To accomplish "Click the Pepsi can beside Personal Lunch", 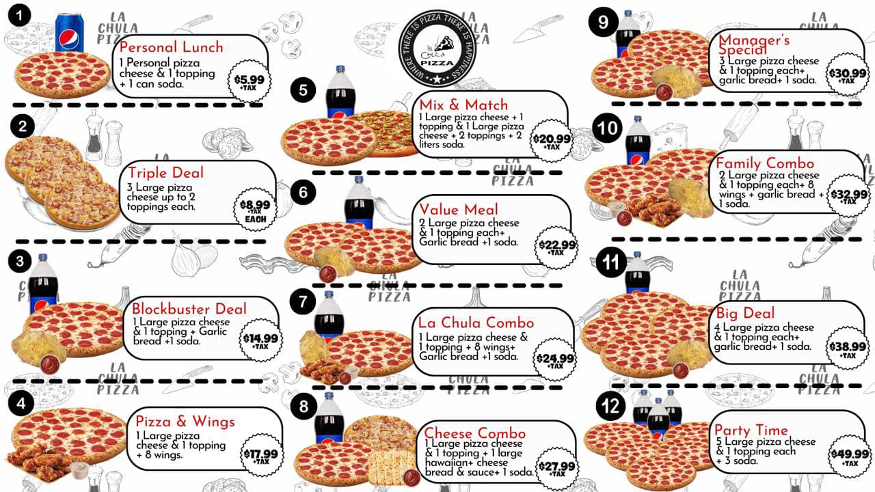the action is (69, 33).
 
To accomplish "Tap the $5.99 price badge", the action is (250, 81).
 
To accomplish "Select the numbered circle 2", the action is (23, 126).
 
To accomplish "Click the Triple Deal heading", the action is (166, 173).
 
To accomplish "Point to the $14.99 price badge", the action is (260, 340).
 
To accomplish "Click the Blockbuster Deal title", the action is (189, 308).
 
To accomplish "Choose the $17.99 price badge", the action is (261, 455).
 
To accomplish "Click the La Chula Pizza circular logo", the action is (437, 49).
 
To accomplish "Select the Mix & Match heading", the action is (463, 105).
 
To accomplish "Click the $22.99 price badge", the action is (556, 247).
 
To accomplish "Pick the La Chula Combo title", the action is (476, 323).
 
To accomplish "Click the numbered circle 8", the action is (304, 406).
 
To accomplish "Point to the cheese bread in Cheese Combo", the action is (392, 466).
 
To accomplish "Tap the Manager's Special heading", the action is (754, 44).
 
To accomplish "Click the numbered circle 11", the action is (611, 262).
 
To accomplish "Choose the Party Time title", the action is (751, 430).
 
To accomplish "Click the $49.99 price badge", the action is (850, 456).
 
